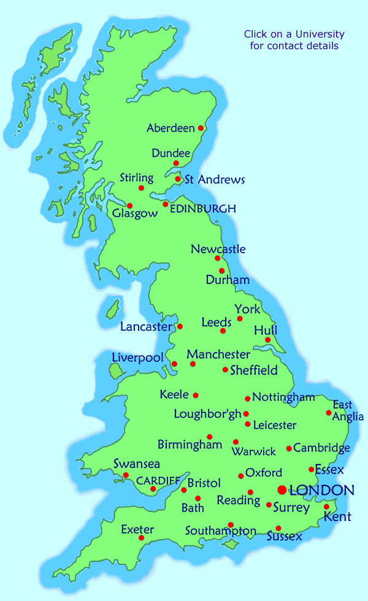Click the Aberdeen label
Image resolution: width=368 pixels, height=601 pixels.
click(171, 128)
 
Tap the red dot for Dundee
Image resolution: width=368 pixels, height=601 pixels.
click(176, 163)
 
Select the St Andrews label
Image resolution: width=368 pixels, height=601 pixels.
click(215, 180)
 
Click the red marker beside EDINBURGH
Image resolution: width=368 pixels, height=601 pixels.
click(165, 204)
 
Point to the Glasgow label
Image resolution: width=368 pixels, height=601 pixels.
click(136, 214)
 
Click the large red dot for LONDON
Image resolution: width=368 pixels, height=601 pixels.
click(282, 490)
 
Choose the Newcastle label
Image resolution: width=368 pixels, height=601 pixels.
click(218, 249)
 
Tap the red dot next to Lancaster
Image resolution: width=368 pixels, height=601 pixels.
click(180, 326)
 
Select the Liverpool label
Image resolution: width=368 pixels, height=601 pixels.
click(138, 358)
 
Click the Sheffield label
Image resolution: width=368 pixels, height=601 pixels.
click(254, 371)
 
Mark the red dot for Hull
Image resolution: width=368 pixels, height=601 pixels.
click(268, 340)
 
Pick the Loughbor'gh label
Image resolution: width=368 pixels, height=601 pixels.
click(208, 414)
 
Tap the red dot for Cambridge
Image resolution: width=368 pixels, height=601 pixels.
click(289, 449)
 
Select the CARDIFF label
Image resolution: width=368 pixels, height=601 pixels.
click(158, 480)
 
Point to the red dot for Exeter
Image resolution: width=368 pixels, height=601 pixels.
click(141, 538)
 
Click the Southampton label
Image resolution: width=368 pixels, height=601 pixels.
click(221, 531)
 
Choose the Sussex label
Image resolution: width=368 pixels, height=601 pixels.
click(285, 537)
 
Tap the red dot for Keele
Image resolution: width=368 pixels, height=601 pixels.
click(196, 395)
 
